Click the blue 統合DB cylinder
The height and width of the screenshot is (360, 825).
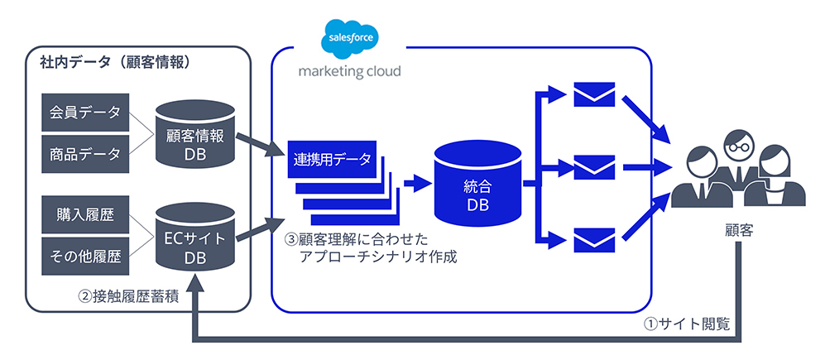[x=477, y=185]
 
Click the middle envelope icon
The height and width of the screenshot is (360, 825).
[x=594, y=167]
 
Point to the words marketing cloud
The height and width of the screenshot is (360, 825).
[x=350, y=71]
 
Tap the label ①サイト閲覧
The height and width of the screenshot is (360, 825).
[x=687, y=324]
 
